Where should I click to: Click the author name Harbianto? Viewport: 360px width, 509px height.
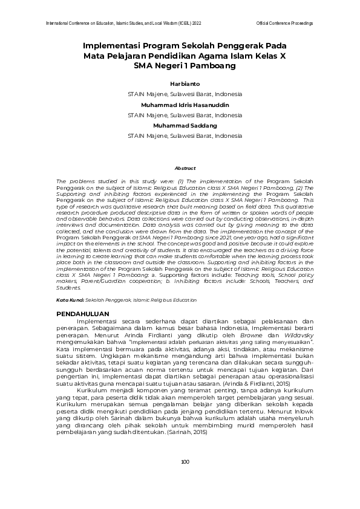[185, 84]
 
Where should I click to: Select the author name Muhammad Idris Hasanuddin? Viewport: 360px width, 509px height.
[185, 105]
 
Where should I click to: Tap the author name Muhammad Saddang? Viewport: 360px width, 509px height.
[185, 125]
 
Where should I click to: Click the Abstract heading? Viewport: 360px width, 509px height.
[185, 168]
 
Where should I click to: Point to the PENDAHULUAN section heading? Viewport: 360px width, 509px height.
[82, 314]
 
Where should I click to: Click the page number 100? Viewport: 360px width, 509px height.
[185, 479]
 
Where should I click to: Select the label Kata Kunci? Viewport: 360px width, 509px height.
[70, 300]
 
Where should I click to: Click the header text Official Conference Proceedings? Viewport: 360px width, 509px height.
[284, 23]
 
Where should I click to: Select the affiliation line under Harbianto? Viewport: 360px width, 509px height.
[185, 94]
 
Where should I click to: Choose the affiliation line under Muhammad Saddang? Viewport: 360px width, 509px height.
[185, 135]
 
